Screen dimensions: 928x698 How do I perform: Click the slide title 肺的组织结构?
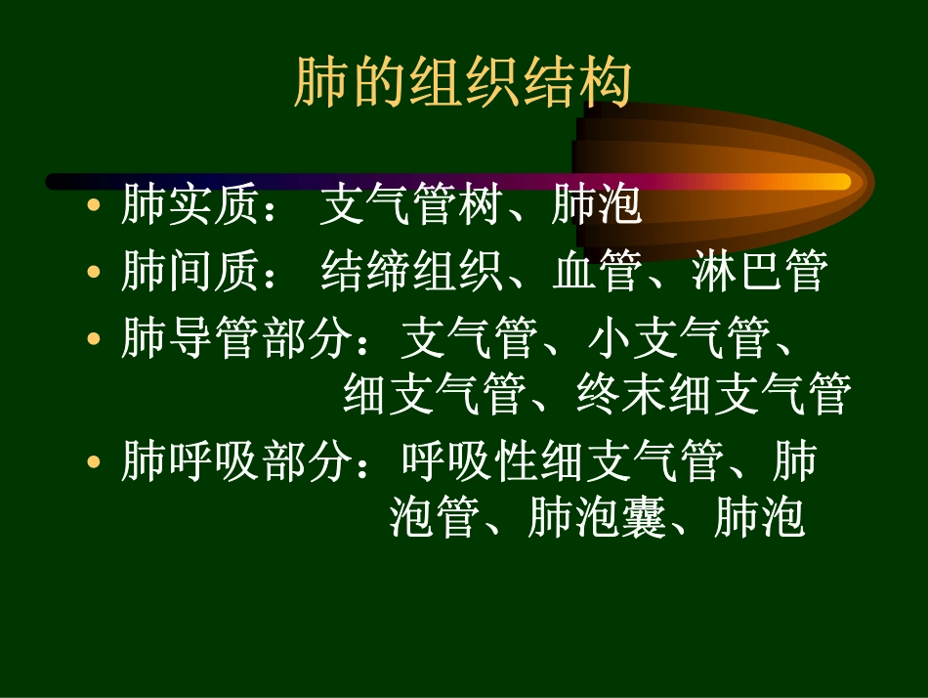pos(463,82)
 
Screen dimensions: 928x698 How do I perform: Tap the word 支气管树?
pos(411,204)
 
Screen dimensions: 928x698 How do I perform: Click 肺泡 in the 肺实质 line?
pos(597,204)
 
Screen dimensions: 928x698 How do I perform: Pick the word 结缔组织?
pos(411,270)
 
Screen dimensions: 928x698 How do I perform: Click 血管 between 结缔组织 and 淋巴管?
pos(597,270)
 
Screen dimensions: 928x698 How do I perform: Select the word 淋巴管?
pos(759,270)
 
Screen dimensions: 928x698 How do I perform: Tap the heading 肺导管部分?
pos(236,337)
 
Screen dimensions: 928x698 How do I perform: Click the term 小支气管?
pos(680,337)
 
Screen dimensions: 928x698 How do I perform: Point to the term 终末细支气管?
pos(713,393)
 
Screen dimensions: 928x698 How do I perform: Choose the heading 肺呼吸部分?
pos(236,460)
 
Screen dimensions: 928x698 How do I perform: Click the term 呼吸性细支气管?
pos(563,460)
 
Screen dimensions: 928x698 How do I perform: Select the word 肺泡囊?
pos(596,516)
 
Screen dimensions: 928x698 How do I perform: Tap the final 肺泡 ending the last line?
pos(759,516)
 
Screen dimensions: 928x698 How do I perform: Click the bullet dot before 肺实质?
pos(94,205)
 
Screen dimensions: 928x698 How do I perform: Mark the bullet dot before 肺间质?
pos(94,272)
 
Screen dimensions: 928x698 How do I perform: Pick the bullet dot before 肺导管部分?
pos(94,339)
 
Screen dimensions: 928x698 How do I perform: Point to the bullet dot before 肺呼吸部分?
pos(94,462)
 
